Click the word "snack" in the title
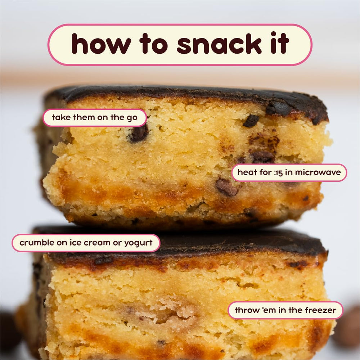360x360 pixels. click(x=219, y=44)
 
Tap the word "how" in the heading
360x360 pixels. click(x=101, y=44)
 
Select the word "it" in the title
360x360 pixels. click(x=280, y=43)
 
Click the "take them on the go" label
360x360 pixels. click(x=95, y=118)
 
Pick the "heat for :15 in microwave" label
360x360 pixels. click(x=289, y=172)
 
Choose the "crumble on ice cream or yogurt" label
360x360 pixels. click(x=86, y=243)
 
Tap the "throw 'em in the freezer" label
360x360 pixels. click(x=285, y=310)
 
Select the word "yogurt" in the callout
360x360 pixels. click(x=138, y=243)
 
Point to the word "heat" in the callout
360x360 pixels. click(x=246, y=172)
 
